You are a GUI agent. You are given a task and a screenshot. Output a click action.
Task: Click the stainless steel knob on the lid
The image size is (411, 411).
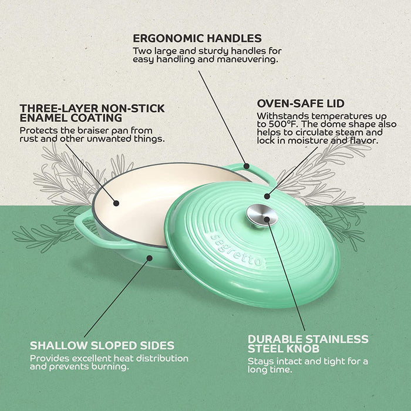262,215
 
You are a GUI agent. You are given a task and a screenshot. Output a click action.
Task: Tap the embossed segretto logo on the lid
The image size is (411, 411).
237,249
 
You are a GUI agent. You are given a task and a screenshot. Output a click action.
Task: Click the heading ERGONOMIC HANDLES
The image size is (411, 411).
197,38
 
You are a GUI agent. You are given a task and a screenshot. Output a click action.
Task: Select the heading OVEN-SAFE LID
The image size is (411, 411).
301,103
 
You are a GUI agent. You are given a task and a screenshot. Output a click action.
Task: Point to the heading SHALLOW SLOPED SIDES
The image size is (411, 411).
102,345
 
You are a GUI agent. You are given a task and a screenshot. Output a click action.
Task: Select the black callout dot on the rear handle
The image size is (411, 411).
247,166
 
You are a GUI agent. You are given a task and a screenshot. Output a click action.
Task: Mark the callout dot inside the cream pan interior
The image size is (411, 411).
116,203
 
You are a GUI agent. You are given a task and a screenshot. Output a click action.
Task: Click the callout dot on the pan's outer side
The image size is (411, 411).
149,258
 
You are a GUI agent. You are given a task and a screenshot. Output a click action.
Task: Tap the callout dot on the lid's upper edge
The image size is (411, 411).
267,196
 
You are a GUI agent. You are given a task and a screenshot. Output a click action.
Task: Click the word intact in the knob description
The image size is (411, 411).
289,362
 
